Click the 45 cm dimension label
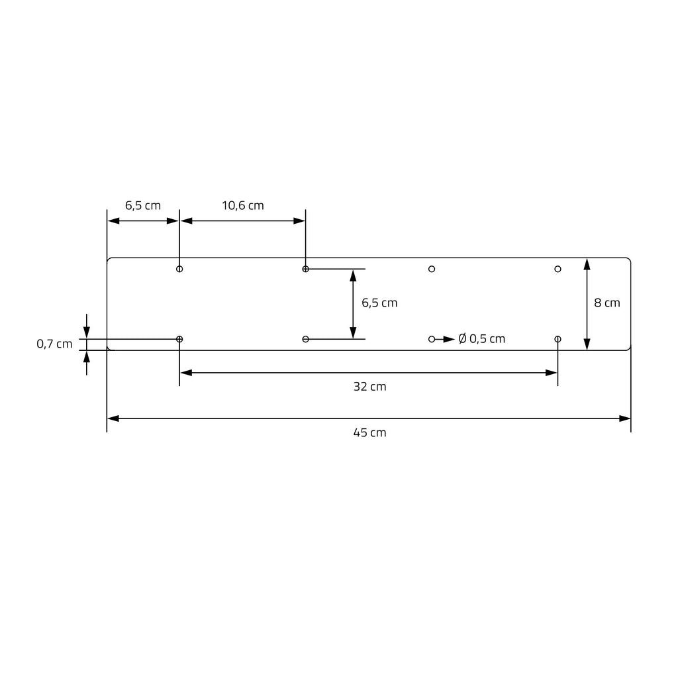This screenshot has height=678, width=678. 369,432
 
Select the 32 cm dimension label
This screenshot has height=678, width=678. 369,387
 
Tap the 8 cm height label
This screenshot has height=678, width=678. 607,303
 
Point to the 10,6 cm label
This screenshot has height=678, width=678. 242,205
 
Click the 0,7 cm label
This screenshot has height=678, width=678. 54,344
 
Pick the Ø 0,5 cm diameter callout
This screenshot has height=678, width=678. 482,338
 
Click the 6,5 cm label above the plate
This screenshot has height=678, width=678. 143,205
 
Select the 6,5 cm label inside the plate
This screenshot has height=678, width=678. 379,303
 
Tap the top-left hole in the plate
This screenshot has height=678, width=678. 179,269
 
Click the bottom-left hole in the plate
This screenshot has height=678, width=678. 179,339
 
